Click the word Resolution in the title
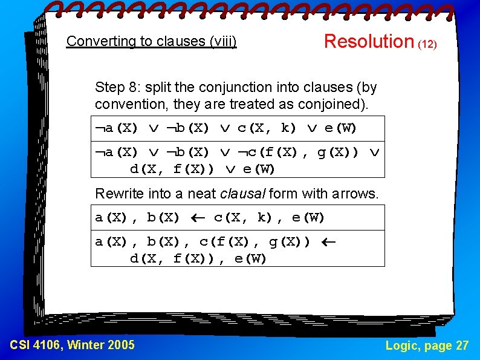(x=368, y=41)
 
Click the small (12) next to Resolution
(x=427, y=44)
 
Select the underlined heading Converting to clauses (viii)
(x=151, y=41)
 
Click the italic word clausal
(x=242, y=194)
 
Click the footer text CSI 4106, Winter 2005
(x=73, y=345)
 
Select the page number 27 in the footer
(x=462, y=345)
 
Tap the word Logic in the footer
(x=401, y=345)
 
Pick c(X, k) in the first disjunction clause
(x=267, y=128)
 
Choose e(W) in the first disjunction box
(x=340, y=128)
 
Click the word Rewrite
(x=120, y=194)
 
